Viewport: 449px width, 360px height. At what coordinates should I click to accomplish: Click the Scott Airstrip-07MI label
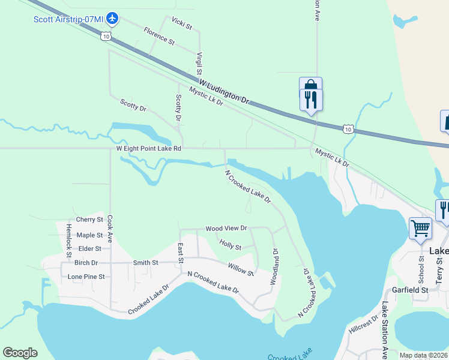[x=68, y=19]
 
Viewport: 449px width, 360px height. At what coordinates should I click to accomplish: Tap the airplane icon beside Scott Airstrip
[x=112, y=19]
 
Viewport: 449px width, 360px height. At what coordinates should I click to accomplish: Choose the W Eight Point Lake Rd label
[x=148, y=148]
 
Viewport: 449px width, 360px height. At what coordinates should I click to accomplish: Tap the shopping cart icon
[x=420, y=228]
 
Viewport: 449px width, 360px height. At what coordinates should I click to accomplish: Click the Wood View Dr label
[x=226, y=228]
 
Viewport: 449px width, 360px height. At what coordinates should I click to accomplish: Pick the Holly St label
[x=231, y=245]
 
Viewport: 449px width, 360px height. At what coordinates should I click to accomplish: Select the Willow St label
[x=241, y=269]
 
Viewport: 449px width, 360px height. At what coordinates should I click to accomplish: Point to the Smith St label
[x=145, y=262]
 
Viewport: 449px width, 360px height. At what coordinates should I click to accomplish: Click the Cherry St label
[x=89, y=220]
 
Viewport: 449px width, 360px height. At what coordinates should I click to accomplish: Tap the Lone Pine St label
[x=86, y=277]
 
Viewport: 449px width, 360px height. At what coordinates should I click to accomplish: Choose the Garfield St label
[x=410, y=290]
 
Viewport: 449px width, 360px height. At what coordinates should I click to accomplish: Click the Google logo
[x=20, y=353]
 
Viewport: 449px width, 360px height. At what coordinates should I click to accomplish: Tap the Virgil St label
[x=199, y=63]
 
